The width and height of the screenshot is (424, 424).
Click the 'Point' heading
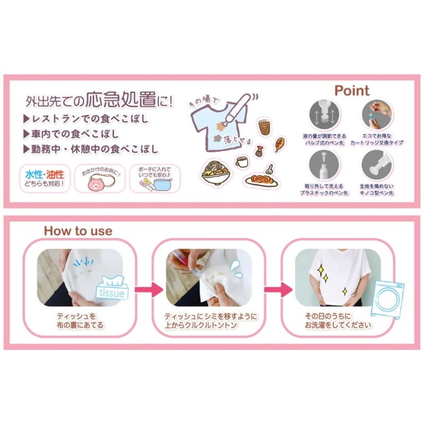coord(352,91)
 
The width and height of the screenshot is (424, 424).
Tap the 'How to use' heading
coord(78,231)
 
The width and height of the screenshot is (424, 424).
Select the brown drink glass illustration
coord(264,127)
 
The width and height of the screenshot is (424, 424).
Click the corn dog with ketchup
coord(279,144)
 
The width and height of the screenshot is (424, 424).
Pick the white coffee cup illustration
coord(242,161)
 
